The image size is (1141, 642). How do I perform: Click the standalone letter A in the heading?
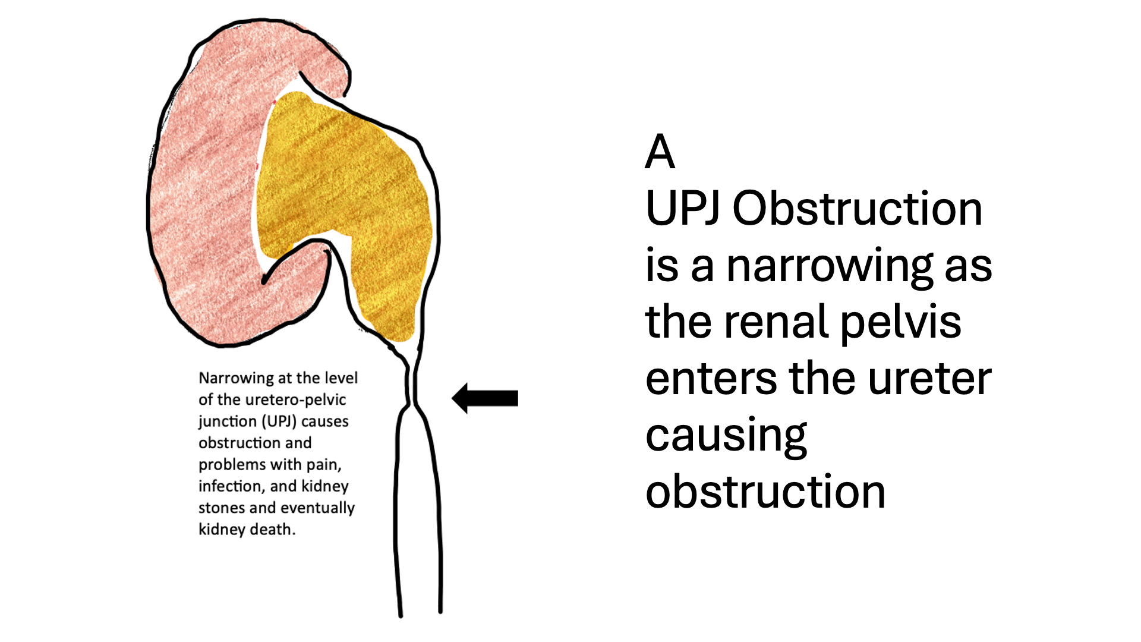[x=660, y=152]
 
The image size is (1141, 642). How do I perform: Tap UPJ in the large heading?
[x=683, y=209]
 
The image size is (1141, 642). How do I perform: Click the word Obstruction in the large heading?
[x=857, y=209]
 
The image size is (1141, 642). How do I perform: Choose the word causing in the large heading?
[x=726, y=436]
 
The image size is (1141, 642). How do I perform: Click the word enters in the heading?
[x=711, y=379]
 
